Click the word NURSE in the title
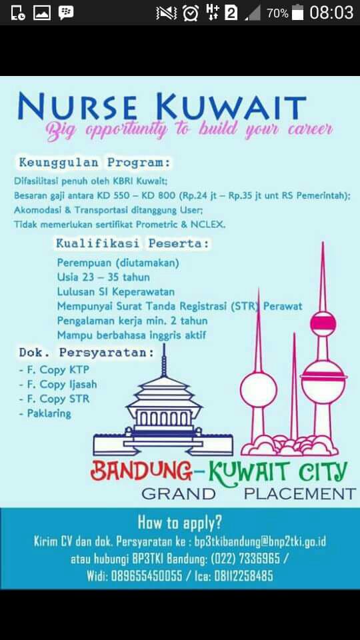tap(77, 108)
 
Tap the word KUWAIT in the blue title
tap(231, 108)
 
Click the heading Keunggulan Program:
tap(95, 162)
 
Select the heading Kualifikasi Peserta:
tap(132, 243)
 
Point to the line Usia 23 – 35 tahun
tap(103, 277)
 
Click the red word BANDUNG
tap(141, 472)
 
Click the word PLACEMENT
tap(299, 494)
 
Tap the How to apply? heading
tap(180, 522)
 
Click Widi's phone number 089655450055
tap(146, 576)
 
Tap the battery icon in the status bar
tap(297, 13)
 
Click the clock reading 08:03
tap(331, 13)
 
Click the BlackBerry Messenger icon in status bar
tap(66, 13)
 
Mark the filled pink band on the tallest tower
tap(323, 324)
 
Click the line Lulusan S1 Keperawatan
tap(115, 291)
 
